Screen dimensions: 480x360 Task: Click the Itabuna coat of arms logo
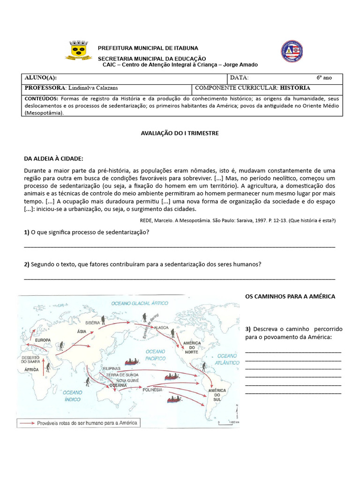(x=78, y=50)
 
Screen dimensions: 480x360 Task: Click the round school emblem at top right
(x=292, y=52)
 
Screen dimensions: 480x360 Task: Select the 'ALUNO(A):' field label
(x=41, y=78)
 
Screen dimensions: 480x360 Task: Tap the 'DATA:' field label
(x=239, y=78)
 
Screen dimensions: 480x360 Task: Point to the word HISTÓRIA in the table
(x=295, y=88)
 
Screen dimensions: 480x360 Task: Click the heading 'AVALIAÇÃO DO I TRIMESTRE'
(x=180, y=133)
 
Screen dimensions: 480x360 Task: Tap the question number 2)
(x=27, y=264)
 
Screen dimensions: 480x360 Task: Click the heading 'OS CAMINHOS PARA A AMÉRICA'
(x=290, y=297)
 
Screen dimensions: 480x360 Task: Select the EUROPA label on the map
(x=43, y=340)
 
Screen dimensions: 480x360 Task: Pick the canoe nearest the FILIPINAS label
(x=131, y=361)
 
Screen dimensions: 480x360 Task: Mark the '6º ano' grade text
(x=324, y=78)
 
